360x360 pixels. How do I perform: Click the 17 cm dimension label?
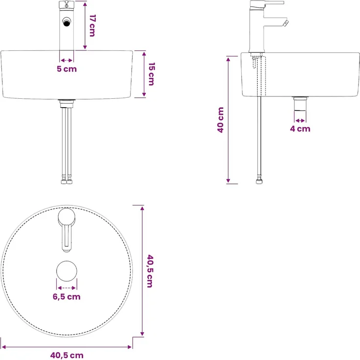(x=92, y=25)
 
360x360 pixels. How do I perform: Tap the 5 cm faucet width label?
(x=67, y=69)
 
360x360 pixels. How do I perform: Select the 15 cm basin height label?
(x=152, y=74)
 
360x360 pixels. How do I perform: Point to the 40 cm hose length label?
(x=221, y=120)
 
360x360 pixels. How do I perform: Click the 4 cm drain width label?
(x=300, y=129)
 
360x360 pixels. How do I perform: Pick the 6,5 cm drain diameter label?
(x=67, y=296)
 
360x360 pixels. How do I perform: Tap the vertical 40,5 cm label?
(x=150, y=271)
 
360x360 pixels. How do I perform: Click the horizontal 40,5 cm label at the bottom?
(x=67, y=355)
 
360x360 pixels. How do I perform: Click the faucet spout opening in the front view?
(x=67, y=22)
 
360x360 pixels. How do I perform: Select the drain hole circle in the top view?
(x=67, y=271)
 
